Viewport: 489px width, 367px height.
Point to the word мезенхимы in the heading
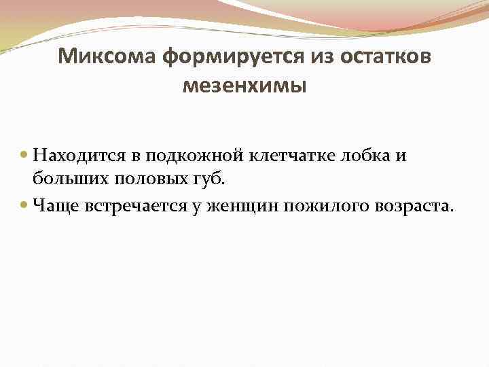click(x=244, y=86)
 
